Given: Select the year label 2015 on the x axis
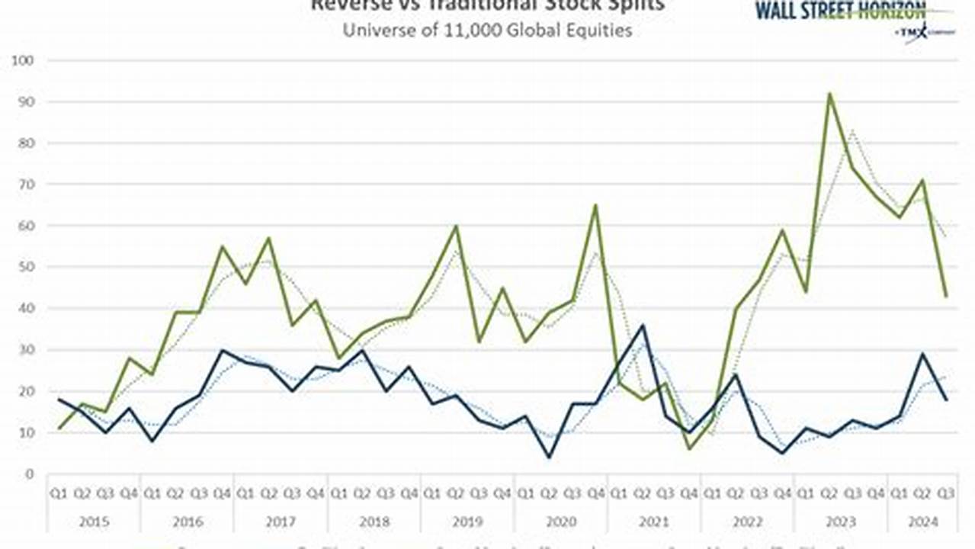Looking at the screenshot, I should (x=94, y=522).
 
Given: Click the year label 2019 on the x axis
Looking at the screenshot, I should (x=467, y=522).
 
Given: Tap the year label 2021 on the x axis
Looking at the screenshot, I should (x=653, y=522).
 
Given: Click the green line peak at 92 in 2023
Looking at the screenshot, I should (x=829, y=94).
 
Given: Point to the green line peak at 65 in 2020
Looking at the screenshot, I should (x=595, y=205).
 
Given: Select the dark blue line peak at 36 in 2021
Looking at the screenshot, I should (x=643, y=326).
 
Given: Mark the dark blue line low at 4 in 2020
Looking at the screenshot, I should (x=549, y=457).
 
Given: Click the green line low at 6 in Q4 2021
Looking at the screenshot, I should (x=689, y=448).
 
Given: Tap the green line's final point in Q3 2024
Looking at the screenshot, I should (x=946, y=296).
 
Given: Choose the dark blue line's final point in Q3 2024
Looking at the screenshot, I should (x=946, y=400).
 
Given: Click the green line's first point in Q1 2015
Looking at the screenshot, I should (x=59, y=429).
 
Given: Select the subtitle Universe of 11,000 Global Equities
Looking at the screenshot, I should (x=487, y=31).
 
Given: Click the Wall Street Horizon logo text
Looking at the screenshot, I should (x=840, y=11).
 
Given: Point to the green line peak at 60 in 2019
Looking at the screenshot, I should (x=456, y=226).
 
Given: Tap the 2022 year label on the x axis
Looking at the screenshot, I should (x=746, y=522).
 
